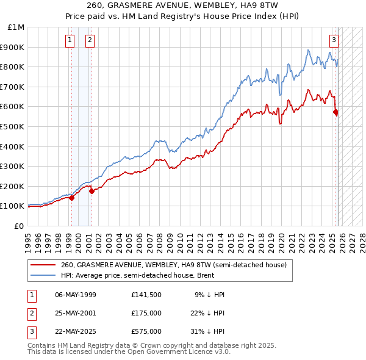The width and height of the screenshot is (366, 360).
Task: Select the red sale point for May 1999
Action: tap(71, 198)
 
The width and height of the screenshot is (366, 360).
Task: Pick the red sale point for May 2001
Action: tap(91, 191)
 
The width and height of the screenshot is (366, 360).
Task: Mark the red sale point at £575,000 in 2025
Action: tap(335, 112)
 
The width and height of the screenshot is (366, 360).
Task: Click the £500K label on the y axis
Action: tap(13, 126)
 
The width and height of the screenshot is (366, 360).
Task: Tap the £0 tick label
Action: tap(20, 226)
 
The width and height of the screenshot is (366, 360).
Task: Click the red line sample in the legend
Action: tap(44, 265)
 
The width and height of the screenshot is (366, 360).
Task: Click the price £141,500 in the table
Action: tap(146, 295)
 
